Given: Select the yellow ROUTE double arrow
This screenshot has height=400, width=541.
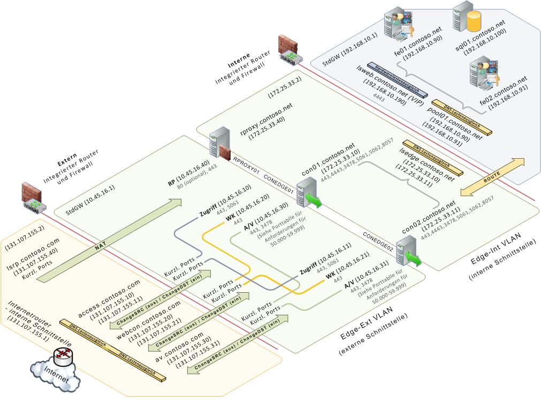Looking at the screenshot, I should (x=492, y=177).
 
